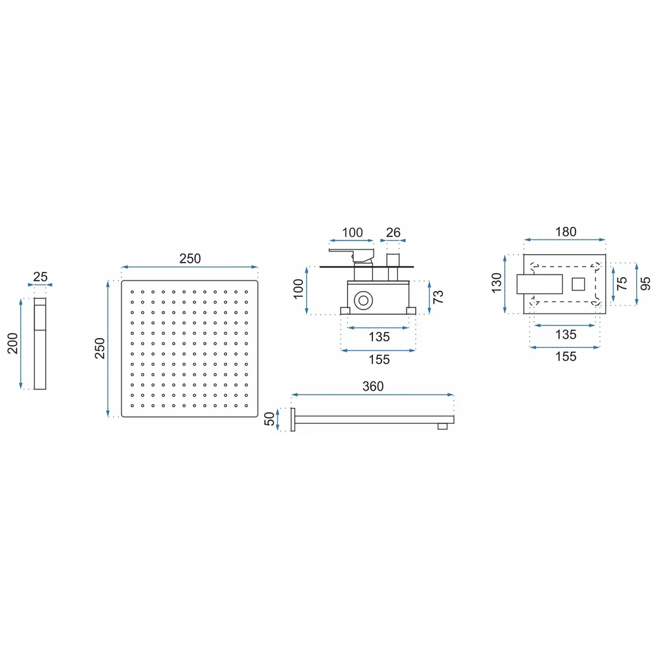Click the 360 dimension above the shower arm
pyautogui.click(x=373, y=386)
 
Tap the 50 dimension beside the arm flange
pyautogui.click(x=269, y=419)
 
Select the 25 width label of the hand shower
pyautogui.click(x=40, y=277)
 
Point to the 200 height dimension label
pyautogui.click(x=13, y=343)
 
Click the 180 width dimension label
pyautogui.click(x=566, y=232)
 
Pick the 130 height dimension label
pyautogui.click(x=497, y=283)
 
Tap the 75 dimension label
pyautogui.click(x=621, y=283)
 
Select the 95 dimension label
pyautogui.click(x=645, y=283)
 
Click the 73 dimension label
pyautogui.click(x=438, y=297)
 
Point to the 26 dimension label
pyautogui.click(x=393, y=232)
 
